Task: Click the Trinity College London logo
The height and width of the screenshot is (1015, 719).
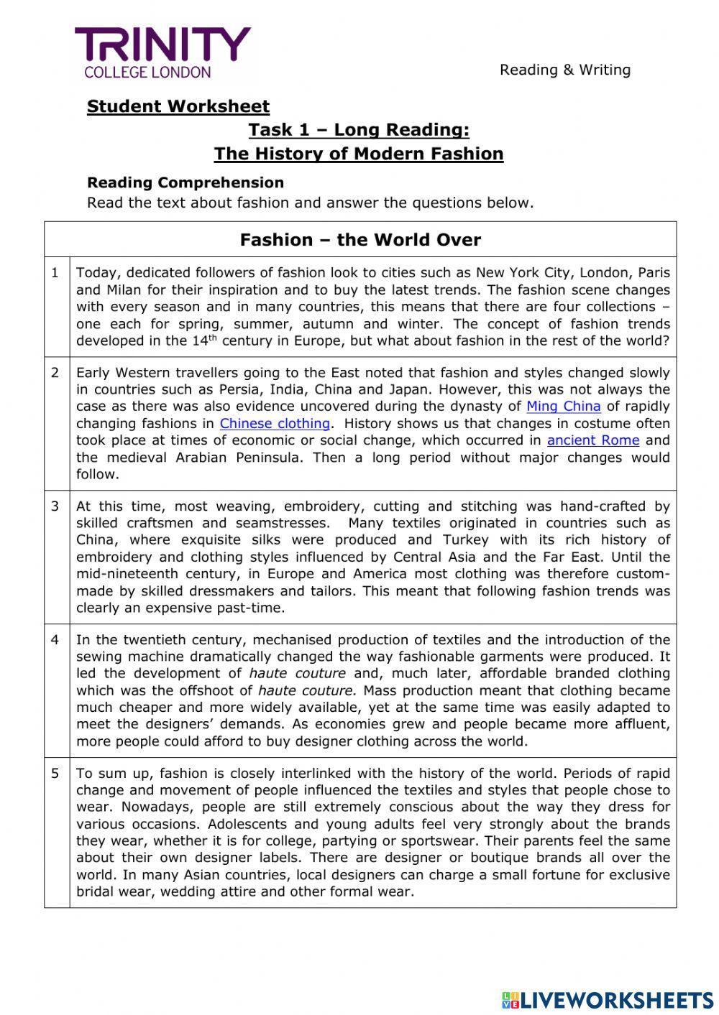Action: [x=162, y=52]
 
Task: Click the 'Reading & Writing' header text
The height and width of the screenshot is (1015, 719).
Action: [x=565, y=70]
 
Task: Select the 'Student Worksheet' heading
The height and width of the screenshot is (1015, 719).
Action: [x=178, y=106]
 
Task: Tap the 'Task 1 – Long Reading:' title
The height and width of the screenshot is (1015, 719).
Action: [x=359, y=130]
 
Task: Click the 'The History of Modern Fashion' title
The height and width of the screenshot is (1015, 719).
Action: [x=359, y=154]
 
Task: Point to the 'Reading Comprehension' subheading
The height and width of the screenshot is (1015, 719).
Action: [x=186, y=182]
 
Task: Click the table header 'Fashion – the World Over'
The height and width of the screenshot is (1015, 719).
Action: [x=360, y=240]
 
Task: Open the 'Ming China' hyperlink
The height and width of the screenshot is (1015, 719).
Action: [x=563, y=407]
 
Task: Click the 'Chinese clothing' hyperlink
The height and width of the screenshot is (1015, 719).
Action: [x=275, y=424]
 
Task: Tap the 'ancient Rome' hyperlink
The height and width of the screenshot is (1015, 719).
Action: [x=592, y=440]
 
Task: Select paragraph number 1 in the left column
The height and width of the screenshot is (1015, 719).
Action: [x=55, y=273]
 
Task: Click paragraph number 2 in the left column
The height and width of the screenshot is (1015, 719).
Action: [x=55, y=373]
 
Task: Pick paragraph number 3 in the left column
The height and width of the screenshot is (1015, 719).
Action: [x=55, y=506]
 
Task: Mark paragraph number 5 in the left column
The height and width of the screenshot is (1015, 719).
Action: [x=55, y=774]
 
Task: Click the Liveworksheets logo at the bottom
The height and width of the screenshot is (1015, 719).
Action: [x=607, y=999]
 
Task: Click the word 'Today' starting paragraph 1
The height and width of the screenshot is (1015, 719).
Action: [x=95, y=273]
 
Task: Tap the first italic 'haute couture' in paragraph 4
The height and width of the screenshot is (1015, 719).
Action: [x=297, y=674]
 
